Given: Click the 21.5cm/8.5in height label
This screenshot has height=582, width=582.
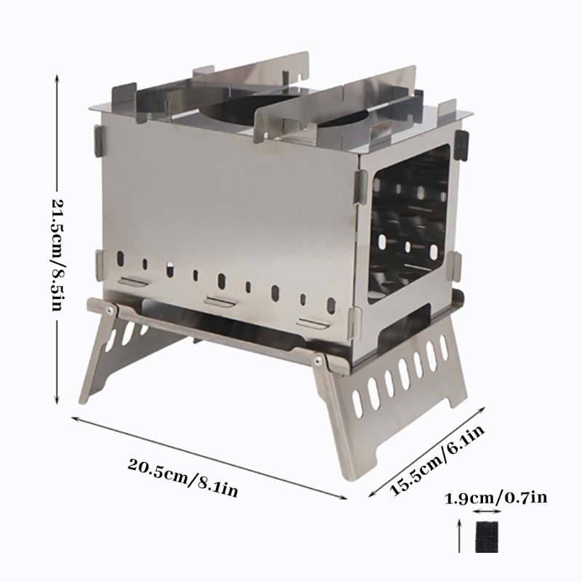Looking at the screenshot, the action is [57, 255].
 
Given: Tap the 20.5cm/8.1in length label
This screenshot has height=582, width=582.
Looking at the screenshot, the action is [183, 477].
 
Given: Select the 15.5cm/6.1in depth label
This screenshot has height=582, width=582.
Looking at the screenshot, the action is [437, 460].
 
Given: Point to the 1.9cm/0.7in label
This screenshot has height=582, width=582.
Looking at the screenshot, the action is [495, 498].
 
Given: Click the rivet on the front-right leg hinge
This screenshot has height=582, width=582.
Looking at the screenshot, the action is [318, 359].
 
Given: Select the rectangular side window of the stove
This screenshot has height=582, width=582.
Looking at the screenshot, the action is [407, 223].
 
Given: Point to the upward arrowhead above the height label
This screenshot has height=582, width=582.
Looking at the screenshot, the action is [57, 79].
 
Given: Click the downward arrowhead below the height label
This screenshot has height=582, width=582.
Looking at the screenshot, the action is [57, 399].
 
